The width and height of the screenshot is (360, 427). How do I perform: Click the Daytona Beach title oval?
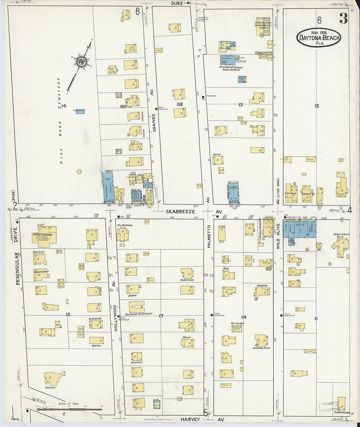(x=319, y=37)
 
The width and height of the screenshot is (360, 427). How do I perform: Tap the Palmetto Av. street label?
(x=209, y=236)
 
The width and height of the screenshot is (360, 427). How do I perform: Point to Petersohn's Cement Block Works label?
(x=229, y=68)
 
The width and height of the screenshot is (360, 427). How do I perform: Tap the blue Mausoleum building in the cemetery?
(x=79, y=111)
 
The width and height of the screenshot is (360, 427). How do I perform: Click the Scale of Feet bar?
(x=69, y=409)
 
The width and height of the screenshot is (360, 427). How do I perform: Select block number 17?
(x=161, y=316)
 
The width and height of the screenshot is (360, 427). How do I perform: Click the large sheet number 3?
(x=343, y=19)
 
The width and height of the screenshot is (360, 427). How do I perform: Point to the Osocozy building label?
(x=50, y=388)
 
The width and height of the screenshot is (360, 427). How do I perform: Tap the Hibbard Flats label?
(x=261, y=348)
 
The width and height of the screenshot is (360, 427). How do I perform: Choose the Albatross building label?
(x=187, y=280)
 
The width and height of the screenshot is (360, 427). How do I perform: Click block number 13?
(x=241, y=105)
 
